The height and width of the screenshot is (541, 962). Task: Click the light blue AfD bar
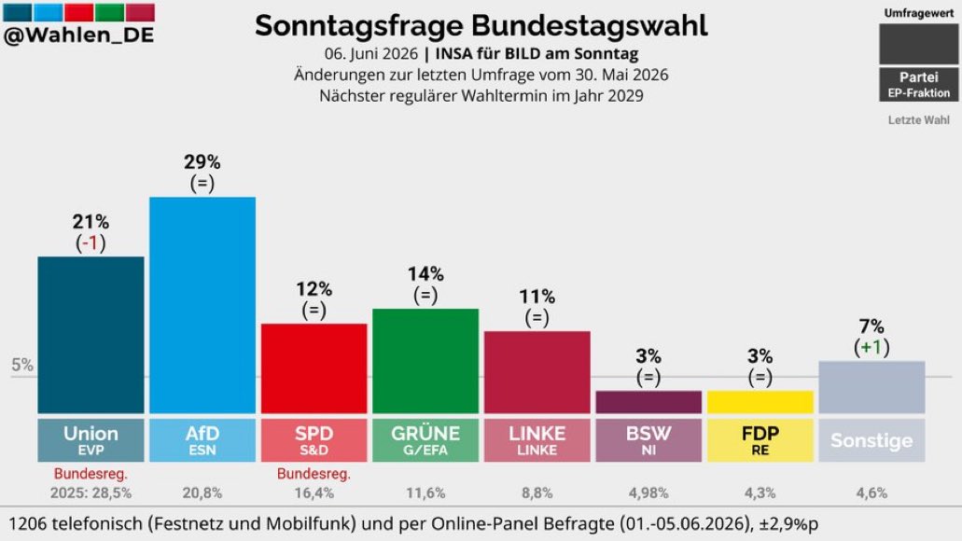tap(202, 305)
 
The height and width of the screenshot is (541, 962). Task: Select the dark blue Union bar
tap(91, 335)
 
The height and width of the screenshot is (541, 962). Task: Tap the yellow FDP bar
tap(760, 402)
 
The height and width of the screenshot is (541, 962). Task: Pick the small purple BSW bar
tap(648, 402)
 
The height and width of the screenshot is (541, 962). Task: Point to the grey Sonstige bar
tap(871, 387)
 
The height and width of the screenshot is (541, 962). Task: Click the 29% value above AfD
tap(202, 162)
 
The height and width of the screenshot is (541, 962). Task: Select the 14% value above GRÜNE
tap(425, 273)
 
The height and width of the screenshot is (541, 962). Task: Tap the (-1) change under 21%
tap(91, 243)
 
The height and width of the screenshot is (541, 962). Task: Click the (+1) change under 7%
tap(871, 348)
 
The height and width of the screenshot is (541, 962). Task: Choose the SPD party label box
tap(314, 440)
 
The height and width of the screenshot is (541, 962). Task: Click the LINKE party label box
tap(537, 440)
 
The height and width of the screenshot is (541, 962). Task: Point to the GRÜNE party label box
tap(425, 440)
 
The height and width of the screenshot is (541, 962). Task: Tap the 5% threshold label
tap(22, 365)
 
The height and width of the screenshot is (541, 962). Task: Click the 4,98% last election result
tap(648, 492)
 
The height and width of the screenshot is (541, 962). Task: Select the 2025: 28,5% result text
tap(91, 492)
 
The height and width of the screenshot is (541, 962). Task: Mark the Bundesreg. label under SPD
tap(314, 474)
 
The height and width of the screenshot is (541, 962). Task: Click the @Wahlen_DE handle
tap(78, 35)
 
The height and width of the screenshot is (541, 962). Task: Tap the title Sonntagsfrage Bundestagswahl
tap(481, 26)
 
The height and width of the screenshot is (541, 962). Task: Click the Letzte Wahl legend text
tap(918, 120)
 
